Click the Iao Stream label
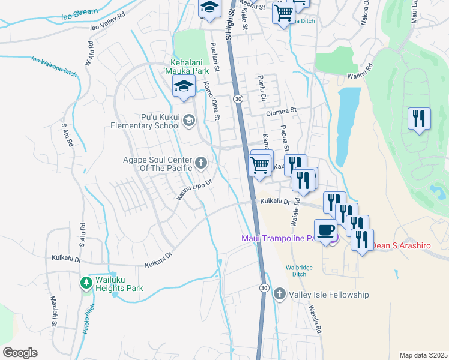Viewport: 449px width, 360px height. (79, 11)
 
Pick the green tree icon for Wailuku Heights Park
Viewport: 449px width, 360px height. (87, 282)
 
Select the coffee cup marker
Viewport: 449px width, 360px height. (325, 230)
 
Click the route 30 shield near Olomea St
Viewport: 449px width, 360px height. (238, 98)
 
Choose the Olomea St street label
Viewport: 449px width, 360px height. (282, 110)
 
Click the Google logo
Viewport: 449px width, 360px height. (20, 352)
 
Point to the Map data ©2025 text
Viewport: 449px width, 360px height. (423, 355)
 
